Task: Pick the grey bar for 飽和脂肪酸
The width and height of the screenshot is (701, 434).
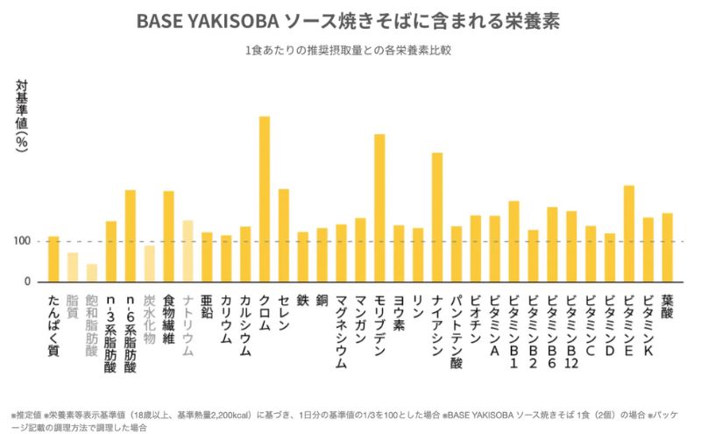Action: click(x=92, y=273)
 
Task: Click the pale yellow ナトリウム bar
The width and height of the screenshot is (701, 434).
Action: click(x=188, y=251)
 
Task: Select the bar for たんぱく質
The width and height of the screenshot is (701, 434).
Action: click(x=53, y=259)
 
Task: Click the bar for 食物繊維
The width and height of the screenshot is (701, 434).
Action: click(x=168, y=236)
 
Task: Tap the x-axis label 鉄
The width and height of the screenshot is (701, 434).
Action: click(x=302, y=300)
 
